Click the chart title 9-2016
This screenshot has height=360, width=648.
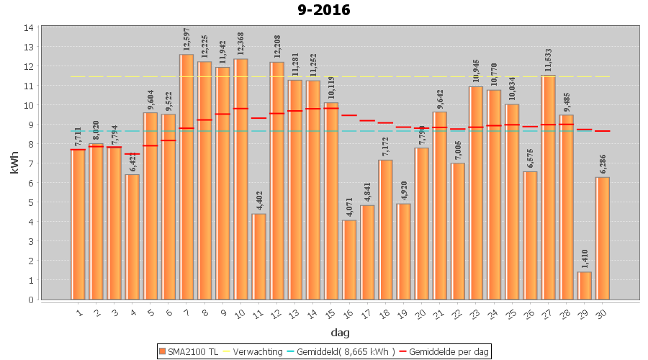pos(324,10)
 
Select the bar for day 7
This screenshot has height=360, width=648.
pos(186,176)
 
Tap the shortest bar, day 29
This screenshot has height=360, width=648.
pos(585,286)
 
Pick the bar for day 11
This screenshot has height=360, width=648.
pos(259,256)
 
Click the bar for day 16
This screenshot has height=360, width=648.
pos(349,260)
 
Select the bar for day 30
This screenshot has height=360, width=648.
pos(603,238)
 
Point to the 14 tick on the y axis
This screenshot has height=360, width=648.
pos(29,28)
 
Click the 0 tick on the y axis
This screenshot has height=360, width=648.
pos(31,300)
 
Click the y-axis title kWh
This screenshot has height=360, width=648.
pos(12,163)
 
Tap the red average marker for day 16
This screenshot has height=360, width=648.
pos(349,115)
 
